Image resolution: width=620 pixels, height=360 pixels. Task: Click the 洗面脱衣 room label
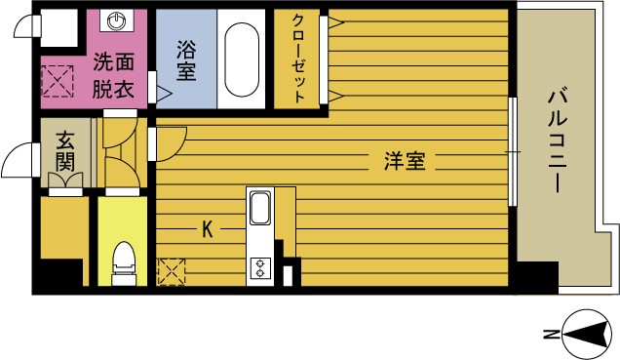click(x=114, y=73)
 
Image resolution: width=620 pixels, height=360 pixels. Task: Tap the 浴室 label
click(x=185, y=60)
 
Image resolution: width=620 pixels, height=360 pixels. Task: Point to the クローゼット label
click(x=299, y=59)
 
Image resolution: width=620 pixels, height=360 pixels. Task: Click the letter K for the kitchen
click(x=207, y=230)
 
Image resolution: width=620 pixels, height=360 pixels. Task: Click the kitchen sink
click(x=261, y=208)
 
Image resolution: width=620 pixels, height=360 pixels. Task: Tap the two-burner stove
click(x=261, y=266)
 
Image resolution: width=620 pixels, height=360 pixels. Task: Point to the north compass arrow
click(x=585, y=335)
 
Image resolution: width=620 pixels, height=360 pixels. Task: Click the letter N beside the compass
click(x=550, y=335)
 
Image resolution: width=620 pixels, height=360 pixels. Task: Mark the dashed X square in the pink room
click(x=57, y=80)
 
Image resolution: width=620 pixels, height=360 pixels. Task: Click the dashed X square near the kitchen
click(x=172, y=271)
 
